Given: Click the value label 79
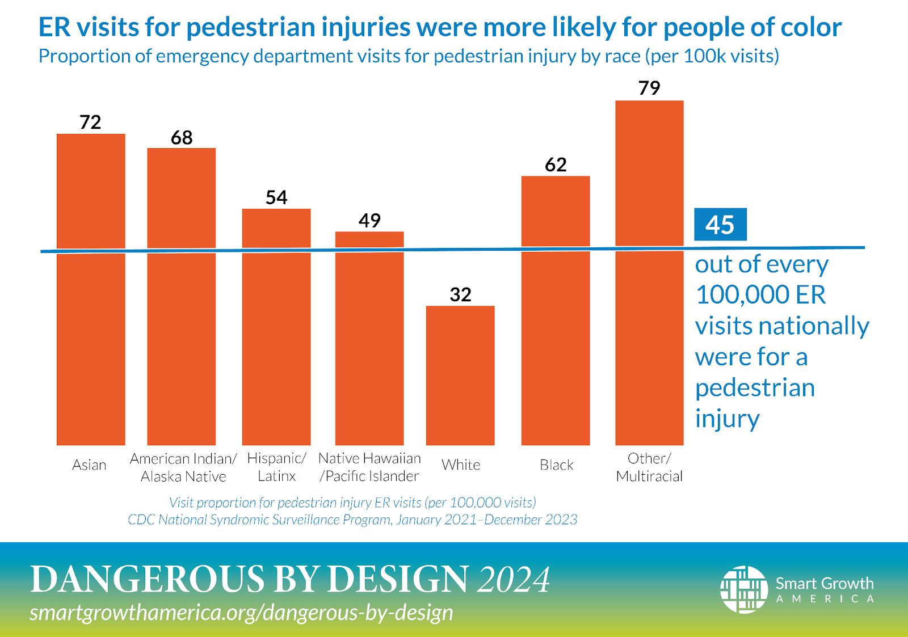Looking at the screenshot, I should click(649, 88).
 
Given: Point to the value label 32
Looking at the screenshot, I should click(460, 294).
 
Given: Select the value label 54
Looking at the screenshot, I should click(276, 197).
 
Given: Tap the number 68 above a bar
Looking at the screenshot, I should click(182, 137).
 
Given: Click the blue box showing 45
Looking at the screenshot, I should click(720, 225).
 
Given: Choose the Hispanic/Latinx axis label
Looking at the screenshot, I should click(276, 467).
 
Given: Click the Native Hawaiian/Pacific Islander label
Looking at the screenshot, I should click(369, 467).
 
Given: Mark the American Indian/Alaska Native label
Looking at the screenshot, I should click(183, 467).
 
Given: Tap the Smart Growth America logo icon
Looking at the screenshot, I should click(743, 589).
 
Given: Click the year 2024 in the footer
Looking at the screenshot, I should click(514, 579).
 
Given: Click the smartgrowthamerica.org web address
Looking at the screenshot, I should click(241, 613).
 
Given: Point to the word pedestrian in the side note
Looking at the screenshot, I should click(755, 388).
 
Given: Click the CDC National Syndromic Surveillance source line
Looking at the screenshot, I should click(352, 520).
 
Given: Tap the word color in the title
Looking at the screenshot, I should click(811, 27).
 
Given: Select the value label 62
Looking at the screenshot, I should click(556, 164).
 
